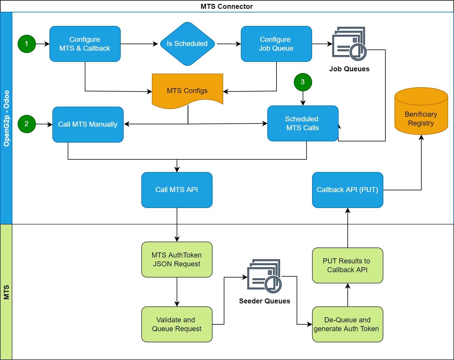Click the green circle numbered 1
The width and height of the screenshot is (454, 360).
pyautogui.click(x=27, y=44)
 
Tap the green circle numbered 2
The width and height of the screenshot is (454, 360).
pyautogui.click(x=27, y=124)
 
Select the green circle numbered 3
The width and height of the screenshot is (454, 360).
pyautogui.click(x=303, y=82)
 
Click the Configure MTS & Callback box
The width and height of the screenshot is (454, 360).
pyautogui.click(x=85, y=44)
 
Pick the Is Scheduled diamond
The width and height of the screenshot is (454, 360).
pyautogui.click(x=187, y=44)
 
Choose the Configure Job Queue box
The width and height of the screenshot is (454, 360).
pyautogui.click(x=276, y=44)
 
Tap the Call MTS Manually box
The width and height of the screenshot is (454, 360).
pyautogui.click(x=88, y=124)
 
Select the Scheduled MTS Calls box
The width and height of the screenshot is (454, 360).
pyautogui.click(x=303, y=123)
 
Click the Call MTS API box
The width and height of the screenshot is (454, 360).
pyautogui.click(x=177, y=190)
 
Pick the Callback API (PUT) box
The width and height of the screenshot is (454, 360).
pyautogui.click(x=347, y=190)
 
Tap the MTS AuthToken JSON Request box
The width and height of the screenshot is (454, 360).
pyautogui.click(x=177, y=260)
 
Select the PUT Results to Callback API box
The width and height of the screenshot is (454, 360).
pyautogui.click(x=347, y=265)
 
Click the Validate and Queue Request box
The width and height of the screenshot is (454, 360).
pyautogui.click(x=177, y=324)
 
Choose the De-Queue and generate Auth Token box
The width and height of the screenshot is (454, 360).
pyautogui.click(x=347, y=324)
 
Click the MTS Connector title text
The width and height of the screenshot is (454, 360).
pyautogui.click(x=227, y=6)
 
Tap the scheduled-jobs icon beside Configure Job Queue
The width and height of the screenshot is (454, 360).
pyautogui.click(x=349, y=44)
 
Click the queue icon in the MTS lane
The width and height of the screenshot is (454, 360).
pyautogui.click(x=264, y=276)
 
